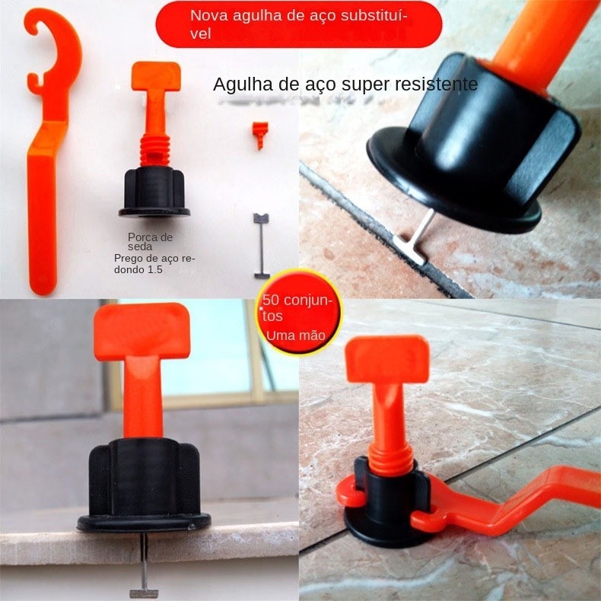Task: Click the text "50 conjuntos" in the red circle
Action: tap(297, 308)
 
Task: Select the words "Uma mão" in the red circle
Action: tap(295, 335)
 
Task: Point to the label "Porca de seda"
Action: tap(151, 242)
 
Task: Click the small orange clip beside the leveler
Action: tap(260, 135)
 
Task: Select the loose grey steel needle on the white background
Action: tap(262, 246)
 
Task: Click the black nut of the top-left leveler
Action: tap(154, 192)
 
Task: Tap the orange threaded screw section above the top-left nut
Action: tap(155, 151)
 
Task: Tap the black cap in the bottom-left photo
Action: tap(144, 487)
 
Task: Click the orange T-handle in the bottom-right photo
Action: tap(387, 387)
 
